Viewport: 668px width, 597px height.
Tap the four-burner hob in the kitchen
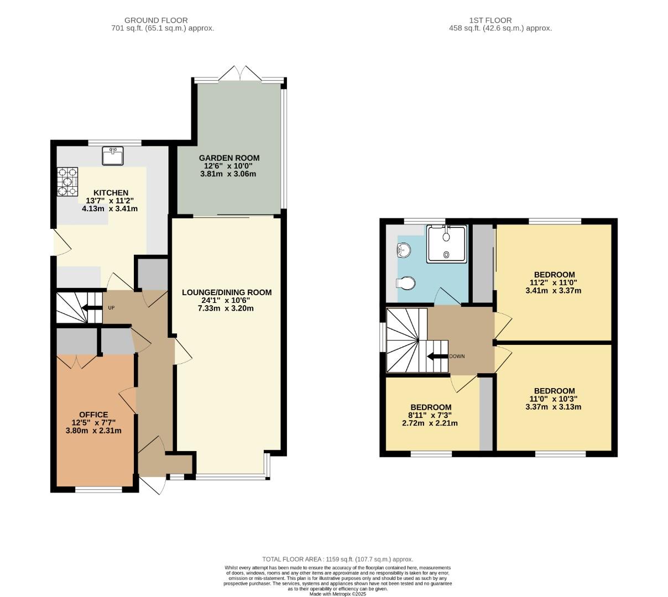[x=67, y=181]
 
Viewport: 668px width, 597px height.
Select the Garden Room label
[x=229, y=158]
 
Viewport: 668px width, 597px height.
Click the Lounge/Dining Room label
[x=227, y=292]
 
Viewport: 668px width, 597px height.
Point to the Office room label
[x=93, y=415]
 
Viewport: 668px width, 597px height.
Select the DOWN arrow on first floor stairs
[x=437, y=356]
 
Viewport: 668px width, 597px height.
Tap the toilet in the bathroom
[x=406, y=284]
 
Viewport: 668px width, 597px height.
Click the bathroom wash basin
[x=404, y=250]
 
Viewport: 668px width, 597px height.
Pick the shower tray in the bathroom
[x=446, y=243]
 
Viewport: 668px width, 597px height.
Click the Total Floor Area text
[x=337, y=559]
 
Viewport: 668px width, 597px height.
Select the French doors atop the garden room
[x=239, y=74]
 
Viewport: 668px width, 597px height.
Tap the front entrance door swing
[x=152, y=485]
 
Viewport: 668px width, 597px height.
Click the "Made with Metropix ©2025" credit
[x=337, y=594]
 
